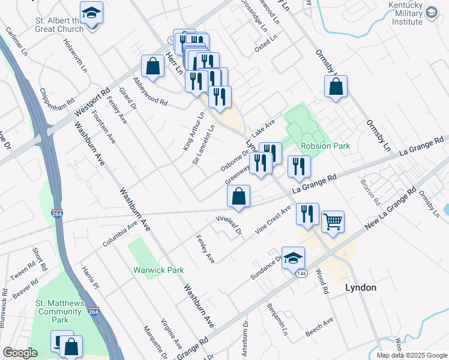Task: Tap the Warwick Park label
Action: click(x=158, y=270)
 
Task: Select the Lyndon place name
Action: click(x=361, y=287)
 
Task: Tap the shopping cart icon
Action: click(x=333, y=222)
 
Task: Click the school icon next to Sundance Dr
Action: click(x=293, y=258)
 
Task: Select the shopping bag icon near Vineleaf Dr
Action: click(x=239, y=196)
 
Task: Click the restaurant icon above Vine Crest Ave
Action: click(x=307, y=214)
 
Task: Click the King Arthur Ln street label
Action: click(x=194, y=131)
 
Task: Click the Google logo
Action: click(x=20, y=353)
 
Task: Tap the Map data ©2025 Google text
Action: click(x=412, y=355)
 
